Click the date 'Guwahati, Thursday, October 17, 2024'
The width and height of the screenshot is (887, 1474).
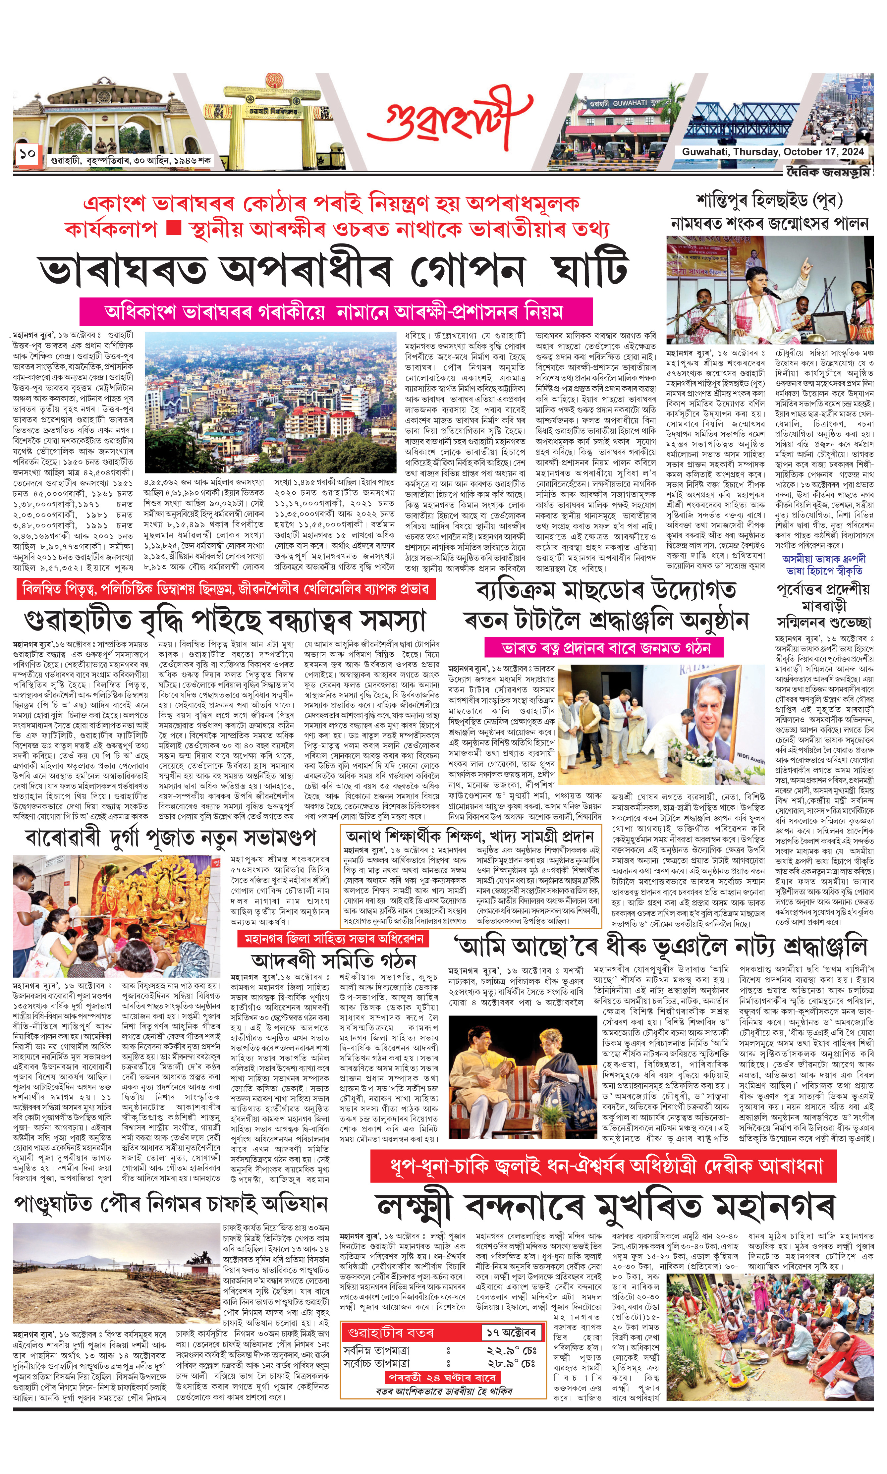[772, 152]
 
